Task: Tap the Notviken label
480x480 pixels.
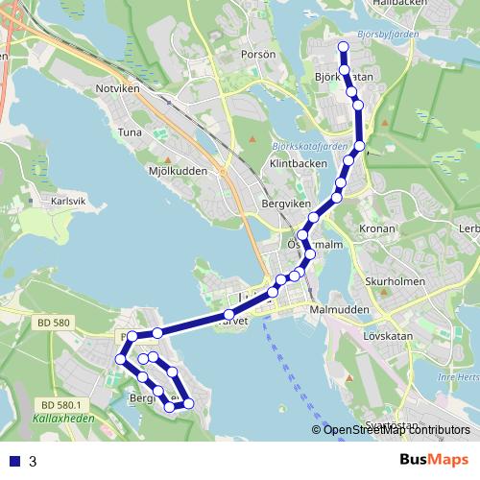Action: pos(117,88)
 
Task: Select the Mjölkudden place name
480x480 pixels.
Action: pos(178,171)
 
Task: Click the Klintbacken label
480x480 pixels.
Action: pos(299,164)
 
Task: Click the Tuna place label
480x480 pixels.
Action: pos(129,132)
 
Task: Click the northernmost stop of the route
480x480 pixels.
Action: pos(343,47)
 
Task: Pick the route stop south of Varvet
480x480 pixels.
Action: pos(228,315)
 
